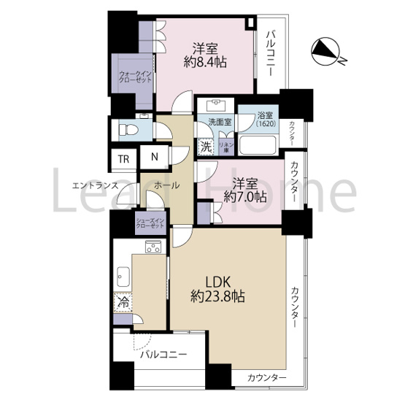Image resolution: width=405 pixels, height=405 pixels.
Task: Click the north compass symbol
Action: (326, 52)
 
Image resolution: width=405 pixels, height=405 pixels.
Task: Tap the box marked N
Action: (155, 156)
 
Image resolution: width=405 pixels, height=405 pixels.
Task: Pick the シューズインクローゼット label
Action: (150, 223)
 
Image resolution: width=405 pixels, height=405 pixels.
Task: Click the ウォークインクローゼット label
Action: (135, 77)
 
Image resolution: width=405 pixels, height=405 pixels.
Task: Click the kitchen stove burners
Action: (153, 247)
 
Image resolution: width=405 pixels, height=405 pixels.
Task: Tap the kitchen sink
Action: (122, 278)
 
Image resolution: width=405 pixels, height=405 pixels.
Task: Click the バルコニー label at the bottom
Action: (163, 355)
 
